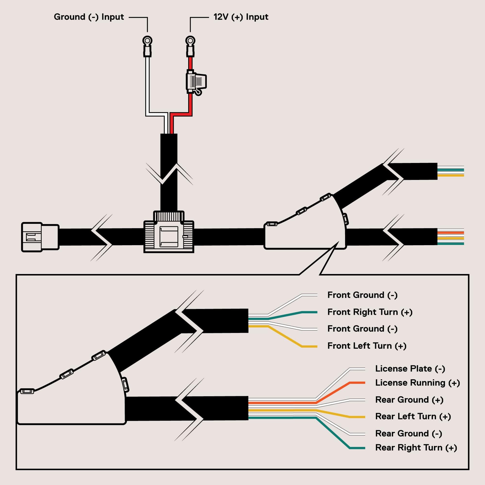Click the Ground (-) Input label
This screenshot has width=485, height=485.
(89, 17)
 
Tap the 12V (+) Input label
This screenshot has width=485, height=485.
(241, 17)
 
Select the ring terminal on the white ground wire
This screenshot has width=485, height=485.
(147, 41)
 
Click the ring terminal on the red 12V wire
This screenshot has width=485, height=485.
(190, 41)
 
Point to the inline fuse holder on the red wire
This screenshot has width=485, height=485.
(196, 81)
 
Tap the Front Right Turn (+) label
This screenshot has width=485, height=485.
(370, 312)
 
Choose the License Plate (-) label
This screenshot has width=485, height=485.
(410, 369)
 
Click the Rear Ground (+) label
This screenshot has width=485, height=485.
(409, 400)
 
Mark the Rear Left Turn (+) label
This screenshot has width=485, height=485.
(413, 416)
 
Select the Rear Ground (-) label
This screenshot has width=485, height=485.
(408, 434)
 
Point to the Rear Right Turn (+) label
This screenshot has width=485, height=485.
(416, 448)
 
